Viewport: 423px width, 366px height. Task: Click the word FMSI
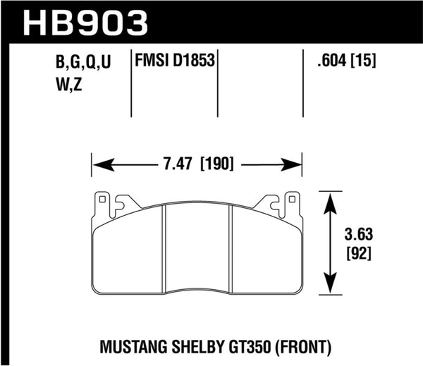(x=151, y=61)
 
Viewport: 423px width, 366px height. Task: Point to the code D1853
(x=192, y=61)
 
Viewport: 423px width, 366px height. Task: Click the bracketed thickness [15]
(x=363, y=61)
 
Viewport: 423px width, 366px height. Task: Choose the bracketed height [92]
(x=360, y=251)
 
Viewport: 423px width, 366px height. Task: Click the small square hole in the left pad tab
(x=102, y=200)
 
